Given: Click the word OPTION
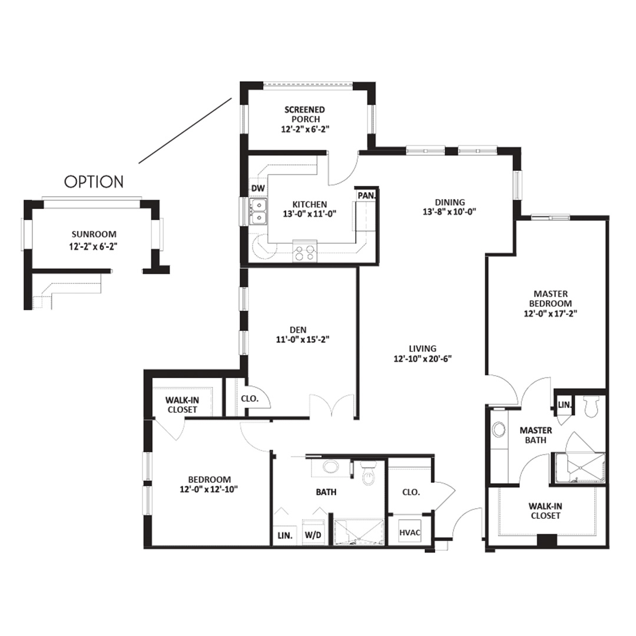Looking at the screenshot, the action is [x=94, y=182].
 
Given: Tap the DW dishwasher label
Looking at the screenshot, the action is [x=258, y=188].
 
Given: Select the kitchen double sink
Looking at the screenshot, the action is [x=258, y=212].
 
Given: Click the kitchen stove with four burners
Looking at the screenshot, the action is [x=305, y=250].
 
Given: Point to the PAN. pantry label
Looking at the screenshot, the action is [x=367, y=196].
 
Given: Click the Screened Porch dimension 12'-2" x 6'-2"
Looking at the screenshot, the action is [x=305, y=130].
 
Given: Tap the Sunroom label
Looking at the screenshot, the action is [x=94, y=234].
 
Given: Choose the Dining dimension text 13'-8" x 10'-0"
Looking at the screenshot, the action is [x=449, y=211].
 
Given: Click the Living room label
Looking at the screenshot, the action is [x=423, y=349].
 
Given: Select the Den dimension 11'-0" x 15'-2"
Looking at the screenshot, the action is [x=303, y=340].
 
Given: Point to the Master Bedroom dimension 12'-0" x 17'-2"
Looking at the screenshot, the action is [x=551, y=313].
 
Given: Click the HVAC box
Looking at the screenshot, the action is [x=410, y=532].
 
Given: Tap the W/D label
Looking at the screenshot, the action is [x=313, y=535].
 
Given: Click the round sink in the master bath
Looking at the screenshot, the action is [x=499, y=429].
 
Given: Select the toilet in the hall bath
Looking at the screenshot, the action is [x=369, y=473].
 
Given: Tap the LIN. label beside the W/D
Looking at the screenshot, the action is [x=285, y=535].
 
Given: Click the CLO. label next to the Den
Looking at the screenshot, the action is [x=250, y=398].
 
